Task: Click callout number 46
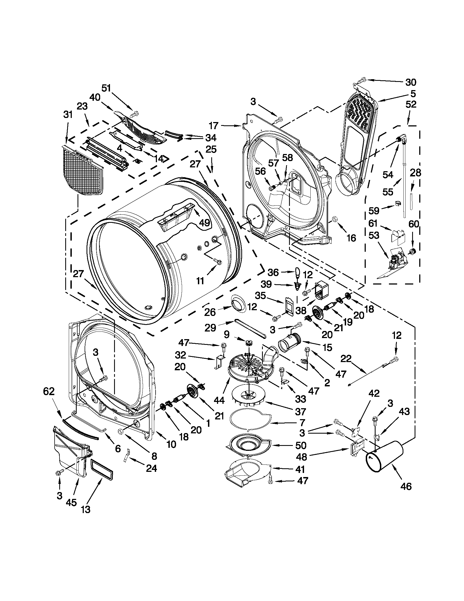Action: coord(406,486)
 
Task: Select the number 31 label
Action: coord(68,114)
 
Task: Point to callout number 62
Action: coord(49,391)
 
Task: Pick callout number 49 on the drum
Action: coord(204,223)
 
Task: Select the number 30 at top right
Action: coord(411,82)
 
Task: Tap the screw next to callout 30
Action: coord(362,80)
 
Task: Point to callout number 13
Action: coord(85,509)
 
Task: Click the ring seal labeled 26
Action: coord(239,303)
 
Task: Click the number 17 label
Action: coord(213,126)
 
